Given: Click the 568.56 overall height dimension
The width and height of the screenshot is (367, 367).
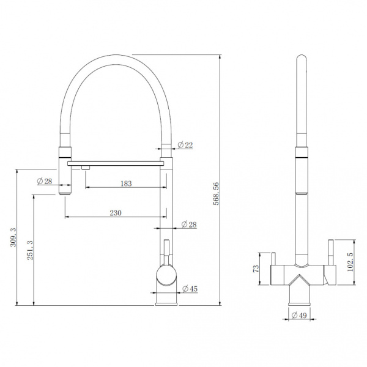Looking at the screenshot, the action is click(x=216, y=193).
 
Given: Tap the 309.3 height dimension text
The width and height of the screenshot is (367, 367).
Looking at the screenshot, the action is click(x=13, y=237).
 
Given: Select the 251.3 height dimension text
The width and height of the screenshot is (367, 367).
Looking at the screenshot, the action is click(x=30, y=250).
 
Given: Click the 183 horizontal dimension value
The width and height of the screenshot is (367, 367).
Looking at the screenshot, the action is click(x=126, y=183).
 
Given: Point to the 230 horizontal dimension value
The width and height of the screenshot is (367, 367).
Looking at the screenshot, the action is click(x=116, y=213).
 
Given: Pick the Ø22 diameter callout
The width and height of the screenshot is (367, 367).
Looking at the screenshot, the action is click(x=185, y=145).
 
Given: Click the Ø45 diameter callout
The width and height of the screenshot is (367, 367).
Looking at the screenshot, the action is click(x=190, y=289).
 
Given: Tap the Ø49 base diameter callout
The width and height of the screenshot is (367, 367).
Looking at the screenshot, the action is click(x=299, y=316).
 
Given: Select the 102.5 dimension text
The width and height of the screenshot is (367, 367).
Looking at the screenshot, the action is click(x=350, y=262).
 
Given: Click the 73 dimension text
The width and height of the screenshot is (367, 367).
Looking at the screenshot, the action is click(x=256, y=269).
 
